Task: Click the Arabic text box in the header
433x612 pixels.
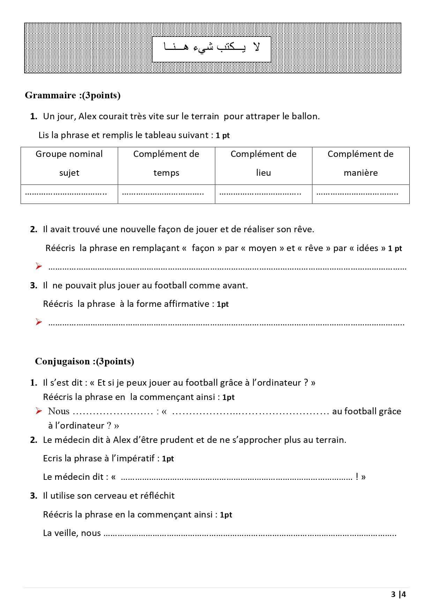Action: [x=211, y=49]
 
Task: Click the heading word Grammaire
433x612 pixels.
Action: [x=50, y=96]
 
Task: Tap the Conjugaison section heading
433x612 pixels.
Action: [x=62, y=361]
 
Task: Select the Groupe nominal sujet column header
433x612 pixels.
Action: [x=69, y=164]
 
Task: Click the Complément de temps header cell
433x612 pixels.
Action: [x=166, y=164]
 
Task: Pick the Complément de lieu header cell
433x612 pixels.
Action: [x=263, y=164]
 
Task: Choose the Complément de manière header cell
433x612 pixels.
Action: [x=360, y=164]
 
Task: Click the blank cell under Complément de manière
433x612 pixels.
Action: [x=360, y=194]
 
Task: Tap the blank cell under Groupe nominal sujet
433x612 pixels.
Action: [x=69, y=194]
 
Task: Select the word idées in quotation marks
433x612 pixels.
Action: [x=367, y=248]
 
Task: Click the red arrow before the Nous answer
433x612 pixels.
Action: [x=39, y=411]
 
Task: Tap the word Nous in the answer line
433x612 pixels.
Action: [x=59, y=411]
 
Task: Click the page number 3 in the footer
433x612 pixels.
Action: [x=394, y=595]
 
